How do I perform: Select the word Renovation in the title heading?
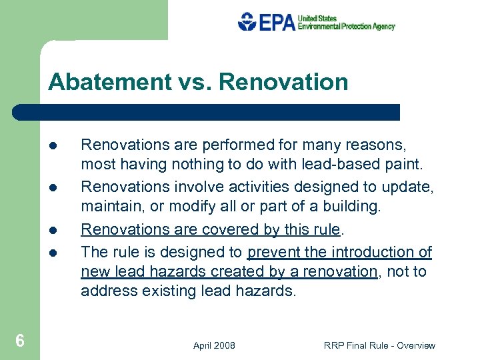[283, 82]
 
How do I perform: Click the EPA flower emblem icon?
[247, 22]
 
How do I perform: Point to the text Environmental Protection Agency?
[346, 27]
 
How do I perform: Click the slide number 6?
[20, 341]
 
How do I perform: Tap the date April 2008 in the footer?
[214, 345]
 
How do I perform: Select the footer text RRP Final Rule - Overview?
[379, 345]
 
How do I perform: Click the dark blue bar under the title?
[207, 112]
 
